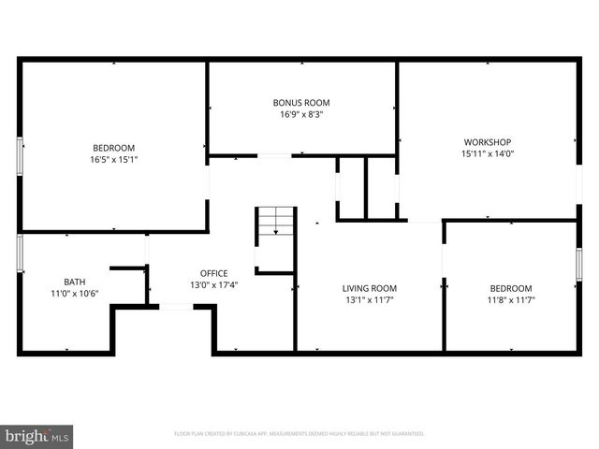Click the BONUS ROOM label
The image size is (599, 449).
[x=301, y=102]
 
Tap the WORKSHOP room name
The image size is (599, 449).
[x=486, y=141]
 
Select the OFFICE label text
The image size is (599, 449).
[x=213, y=273]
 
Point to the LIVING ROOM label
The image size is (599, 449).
[x=369, y=288]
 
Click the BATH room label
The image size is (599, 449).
[x=74, y=282]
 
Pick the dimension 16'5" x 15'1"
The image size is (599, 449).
[x=113, y=160]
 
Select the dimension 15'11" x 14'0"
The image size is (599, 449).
[x=486, y=153]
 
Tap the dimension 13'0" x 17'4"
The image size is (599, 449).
[x=213, y=285]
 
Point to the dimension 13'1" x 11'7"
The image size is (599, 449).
[x=369, y=300]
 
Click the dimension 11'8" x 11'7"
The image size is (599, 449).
[x=511, y=300]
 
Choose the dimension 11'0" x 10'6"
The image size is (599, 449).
[x=74, y=294]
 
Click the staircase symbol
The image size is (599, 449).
[x=275, y=224]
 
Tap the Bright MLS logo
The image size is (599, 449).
[x=37, y=436]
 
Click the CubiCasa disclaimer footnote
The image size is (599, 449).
[x=299, y=434]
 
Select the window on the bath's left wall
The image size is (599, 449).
[x=20, y=253]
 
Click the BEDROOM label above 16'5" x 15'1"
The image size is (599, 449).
[x=113, y=148]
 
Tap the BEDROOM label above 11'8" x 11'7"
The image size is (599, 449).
[x=511, y=288]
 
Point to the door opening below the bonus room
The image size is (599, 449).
[x=274, y=155]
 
